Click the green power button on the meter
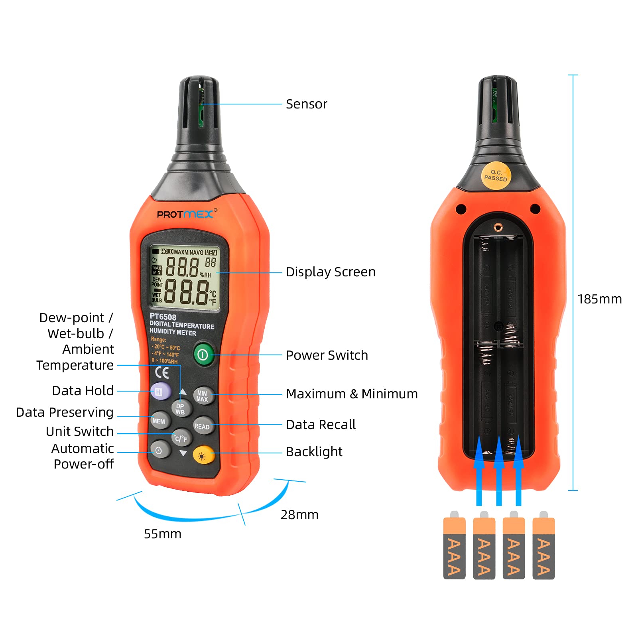point(203,354)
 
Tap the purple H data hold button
point(160,392)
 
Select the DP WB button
point(181,409)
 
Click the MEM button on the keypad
point(159,421)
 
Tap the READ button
point(203,426)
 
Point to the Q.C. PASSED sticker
point(496,175)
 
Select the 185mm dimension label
point(599,299)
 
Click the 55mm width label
point(162,534)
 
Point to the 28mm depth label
point(299,515)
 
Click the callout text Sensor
point(306,104)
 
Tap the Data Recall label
point(321,425)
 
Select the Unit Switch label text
point(80,431)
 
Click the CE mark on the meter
point(162,372)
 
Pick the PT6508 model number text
point(163,317)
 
